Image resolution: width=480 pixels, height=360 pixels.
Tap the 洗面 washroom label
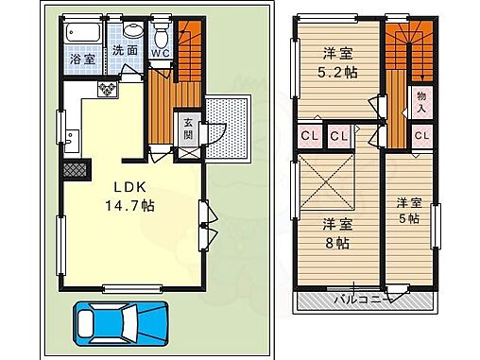[x=125, y=50]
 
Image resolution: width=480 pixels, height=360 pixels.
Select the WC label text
[x=162, y=54]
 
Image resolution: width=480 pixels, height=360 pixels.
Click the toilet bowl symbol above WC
[x=162, y=35]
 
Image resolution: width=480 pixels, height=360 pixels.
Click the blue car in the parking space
[x=121, y=323]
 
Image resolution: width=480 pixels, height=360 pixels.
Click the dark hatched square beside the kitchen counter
[x=74, y=171]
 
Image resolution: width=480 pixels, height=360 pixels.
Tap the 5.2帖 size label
[x=336, y=72]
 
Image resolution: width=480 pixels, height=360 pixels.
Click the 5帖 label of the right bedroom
[x=408, y=217]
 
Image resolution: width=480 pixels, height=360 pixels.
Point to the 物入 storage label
[x=420, y=102]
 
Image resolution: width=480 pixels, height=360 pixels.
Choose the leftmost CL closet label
[x=309, y=135]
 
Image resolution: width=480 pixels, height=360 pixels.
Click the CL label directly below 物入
[x=421, y=135]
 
